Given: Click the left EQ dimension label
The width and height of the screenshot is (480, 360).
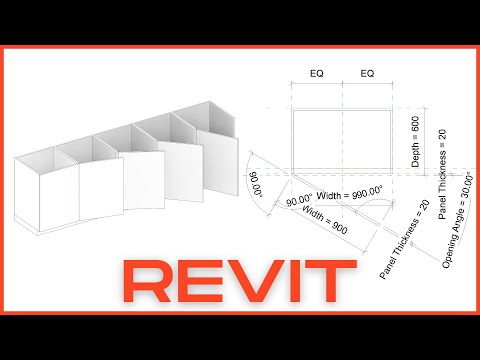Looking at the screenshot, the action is [316, 73].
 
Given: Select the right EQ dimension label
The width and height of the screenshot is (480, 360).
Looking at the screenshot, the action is [367, 73].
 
